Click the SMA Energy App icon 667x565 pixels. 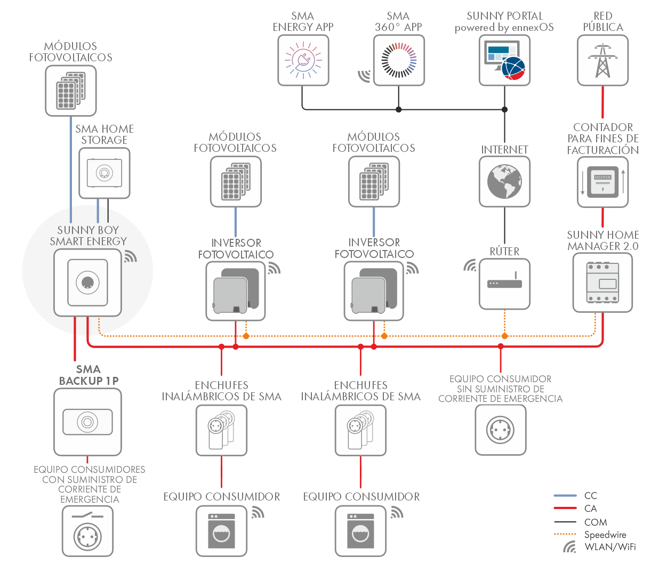pyautogui.click(x=303, y=60)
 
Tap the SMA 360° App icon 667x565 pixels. pyautogui.click(x=399, y=60)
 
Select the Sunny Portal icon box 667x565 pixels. pyautogui.click(x=504, y=60)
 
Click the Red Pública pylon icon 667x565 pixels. pyautogui.click(x=602, y=60)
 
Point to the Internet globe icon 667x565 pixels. pyautogui.click(x=504, y=181)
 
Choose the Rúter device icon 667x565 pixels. pyautogui.click(x=504, y=284)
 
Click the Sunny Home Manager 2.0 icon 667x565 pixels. pyautogui.click(x=602, y=282)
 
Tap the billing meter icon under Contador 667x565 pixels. pyautogui.click(x=602, y=182)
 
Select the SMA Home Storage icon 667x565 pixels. pyautogui.click(x=105, y=173)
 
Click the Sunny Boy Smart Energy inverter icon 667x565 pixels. pyautogui.click(x=87, y=282)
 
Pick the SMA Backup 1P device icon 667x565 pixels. pyautogui.click(x=87, y=422)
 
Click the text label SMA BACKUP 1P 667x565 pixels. pyautogui.click(x=89, y=375)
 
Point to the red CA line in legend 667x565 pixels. pyautogui.click(x=565, y=509)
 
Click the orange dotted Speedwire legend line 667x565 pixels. pyautogui.click(x=565, y=534)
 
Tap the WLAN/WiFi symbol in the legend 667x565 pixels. pyautogui.click(x=569, y=547)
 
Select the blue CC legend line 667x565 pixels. pyautogui.click(x=565, y=496)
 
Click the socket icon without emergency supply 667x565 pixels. pyautogui.click(x=500, y=430)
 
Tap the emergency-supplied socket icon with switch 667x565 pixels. pyautogui.click(x=87, y=531)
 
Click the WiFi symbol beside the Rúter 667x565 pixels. pyautogui.click(x=470, y=265)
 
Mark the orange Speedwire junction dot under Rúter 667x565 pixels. pyautogui.click(x=504, y=336)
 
